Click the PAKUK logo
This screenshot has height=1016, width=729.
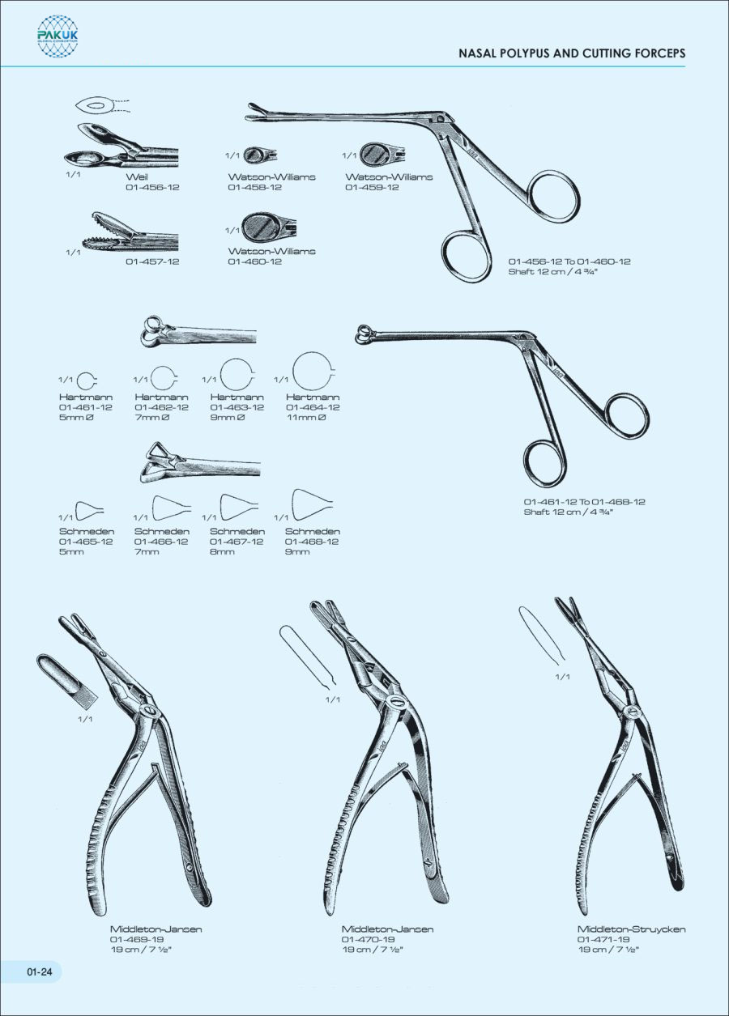58,36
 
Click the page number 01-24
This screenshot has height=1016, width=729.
40,971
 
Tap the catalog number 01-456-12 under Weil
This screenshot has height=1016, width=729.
152,187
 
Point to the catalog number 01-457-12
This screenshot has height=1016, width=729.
152,261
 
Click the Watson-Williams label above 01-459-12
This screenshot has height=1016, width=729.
389,177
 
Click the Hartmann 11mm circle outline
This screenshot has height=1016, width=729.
313,372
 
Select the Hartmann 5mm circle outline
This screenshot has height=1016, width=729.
86,381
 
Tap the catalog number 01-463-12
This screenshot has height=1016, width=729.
237,407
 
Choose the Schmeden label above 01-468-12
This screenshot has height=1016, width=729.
313,531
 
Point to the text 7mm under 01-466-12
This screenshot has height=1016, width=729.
147,552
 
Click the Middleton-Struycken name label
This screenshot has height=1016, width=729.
632,929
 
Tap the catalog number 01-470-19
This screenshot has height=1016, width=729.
368,939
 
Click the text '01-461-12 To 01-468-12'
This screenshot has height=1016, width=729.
585,502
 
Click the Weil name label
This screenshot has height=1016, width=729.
137,177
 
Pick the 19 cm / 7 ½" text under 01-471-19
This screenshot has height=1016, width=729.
608,950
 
